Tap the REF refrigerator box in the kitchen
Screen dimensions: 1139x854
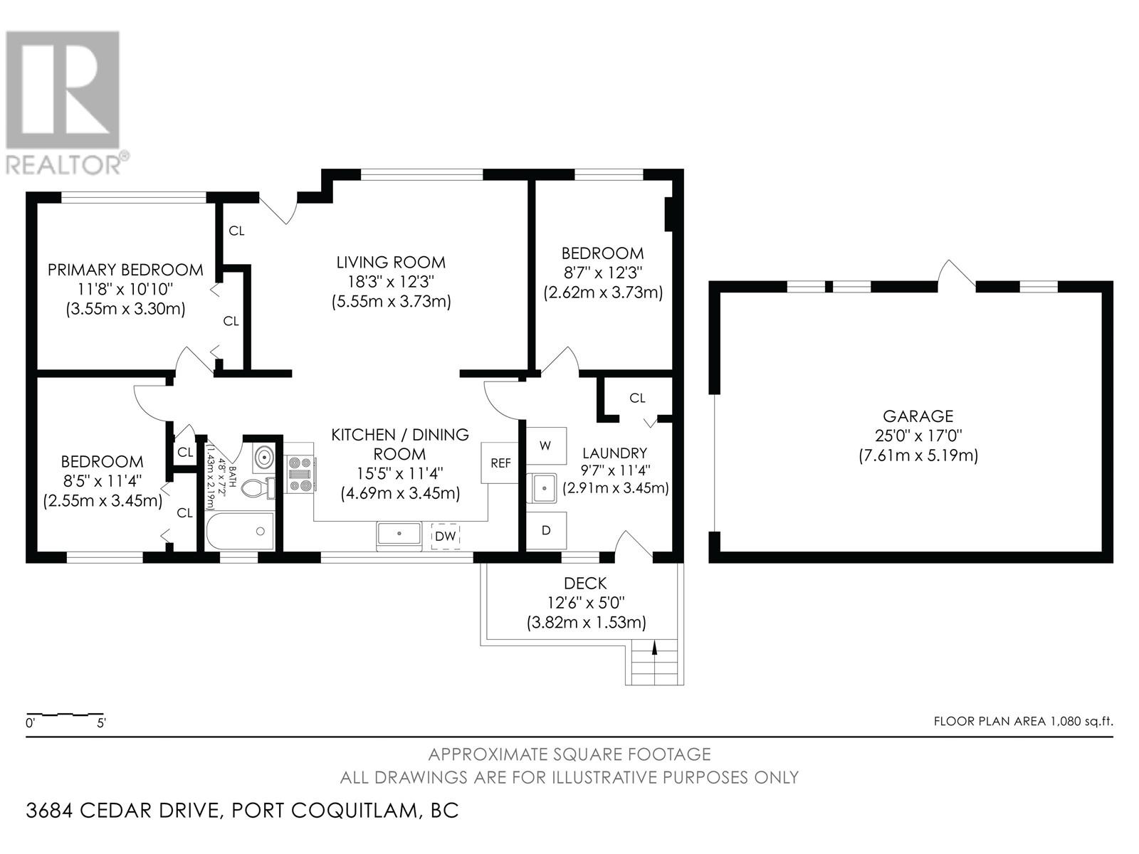(x=500, y=463)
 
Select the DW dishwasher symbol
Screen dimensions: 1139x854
(x=445, y=536)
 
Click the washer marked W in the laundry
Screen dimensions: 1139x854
(x=546, y=446)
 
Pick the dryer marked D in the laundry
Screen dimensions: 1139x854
(x=546, y=530)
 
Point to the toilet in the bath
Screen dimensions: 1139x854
(x=259, y=488)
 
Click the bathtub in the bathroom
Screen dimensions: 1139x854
(x=240, y=531)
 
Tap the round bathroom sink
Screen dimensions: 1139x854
(x=265, y=458)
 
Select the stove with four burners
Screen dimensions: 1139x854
(x=300, y=473)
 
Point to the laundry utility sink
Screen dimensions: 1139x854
(x=542, y=488)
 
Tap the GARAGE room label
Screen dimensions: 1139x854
(x=918, y=416)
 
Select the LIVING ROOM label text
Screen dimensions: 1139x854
(x=391, y=263)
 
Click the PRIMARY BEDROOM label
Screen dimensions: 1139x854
(x=125, y=270)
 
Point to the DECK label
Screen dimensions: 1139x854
(x=585, y=584)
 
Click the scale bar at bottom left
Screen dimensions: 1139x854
(x=65, y=715)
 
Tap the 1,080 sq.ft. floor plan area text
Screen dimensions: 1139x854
(x=1081, y=721)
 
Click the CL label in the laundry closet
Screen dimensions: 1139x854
(x=637, y=398)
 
